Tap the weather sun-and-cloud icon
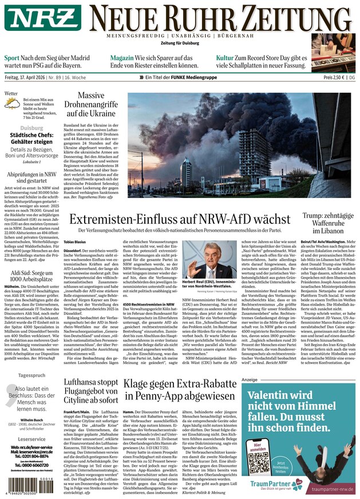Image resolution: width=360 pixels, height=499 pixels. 12,103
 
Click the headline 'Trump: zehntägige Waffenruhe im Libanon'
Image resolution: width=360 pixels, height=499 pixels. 329,223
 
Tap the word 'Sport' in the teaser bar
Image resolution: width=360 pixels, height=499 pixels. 12,58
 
